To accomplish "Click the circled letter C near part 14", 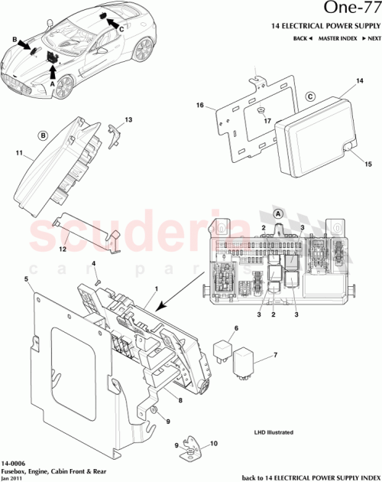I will [x=311, y=97].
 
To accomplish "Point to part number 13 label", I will [x=128, y=120].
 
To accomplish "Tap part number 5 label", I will [x=27, y=279].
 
